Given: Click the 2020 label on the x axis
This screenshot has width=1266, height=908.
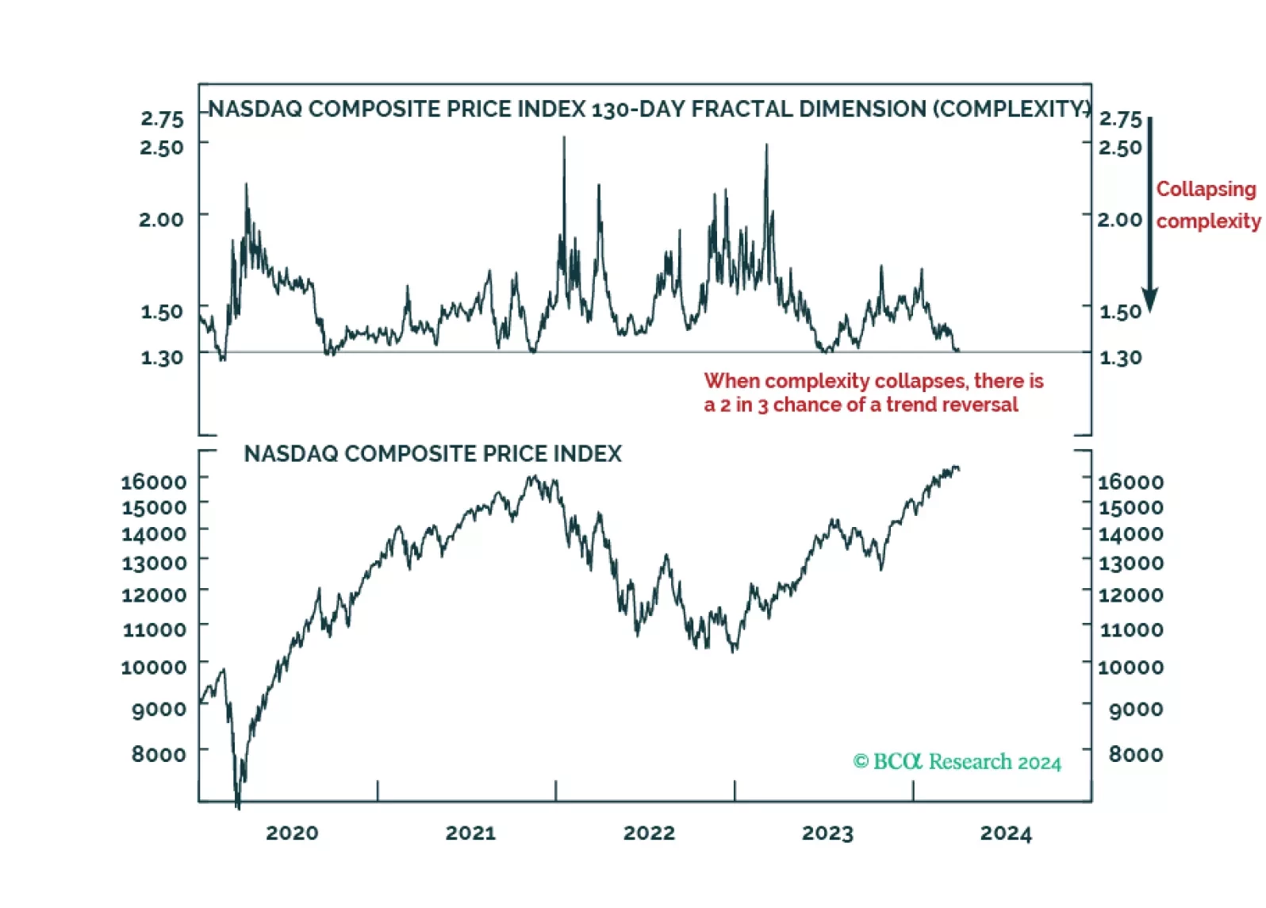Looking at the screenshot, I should click(x=292, y=833).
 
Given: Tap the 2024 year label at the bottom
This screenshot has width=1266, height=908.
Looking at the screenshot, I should click(x=1006, y=833).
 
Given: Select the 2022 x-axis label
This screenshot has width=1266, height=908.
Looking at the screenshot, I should click(x=649, y=833).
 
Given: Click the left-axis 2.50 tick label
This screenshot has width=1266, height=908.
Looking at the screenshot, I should click(x=162, y=148).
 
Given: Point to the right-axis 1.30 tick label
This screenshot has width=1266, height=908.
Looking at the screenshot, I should click(x=1120, y=358).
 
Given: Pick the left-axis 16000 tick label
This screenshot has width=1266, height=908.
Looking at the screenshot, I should click(x=154, y=482).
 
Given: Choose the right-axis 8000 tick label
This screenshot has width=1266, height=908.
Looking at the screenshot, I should click(x=1136, y=754).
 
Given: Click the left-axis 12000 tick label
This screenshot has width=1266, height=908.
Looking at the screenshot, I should click(x=154, y=594).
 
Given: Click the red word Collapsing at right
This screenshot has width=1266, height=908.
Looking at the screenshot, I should click(x=1206, y=189).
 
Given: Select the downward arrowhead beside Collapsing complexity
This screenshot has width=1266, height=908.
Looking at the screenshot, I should click(x=1149, y=300).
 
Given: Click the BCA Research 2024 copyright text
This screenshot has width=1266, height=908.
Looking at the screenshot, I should click(x=957, y=762).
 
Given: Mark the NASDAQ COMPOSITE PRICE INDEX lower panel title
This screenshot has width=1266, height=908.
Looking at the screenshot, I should click(x=432, y=454).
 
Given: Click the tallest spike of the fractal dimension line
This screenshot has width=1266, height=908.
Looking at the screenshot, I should click(x=564, y=138).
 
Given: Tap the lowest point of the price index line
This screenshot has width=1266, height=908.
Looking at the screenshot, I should click(x=238, y=808).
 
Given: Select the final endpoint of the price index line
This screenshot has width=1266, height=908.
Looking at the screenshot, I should click(x=959, y=469).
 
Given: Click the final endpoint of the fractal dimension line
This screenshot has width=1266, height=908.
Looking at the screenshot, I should click(x=959, y=349).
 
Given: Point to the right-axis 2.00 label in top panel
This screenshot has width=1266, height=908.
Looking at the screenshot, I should click(x=1119, y=219).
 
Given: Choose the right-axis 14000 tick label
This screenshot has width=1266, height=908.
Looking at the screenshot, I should click(x=1130, y=533).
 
